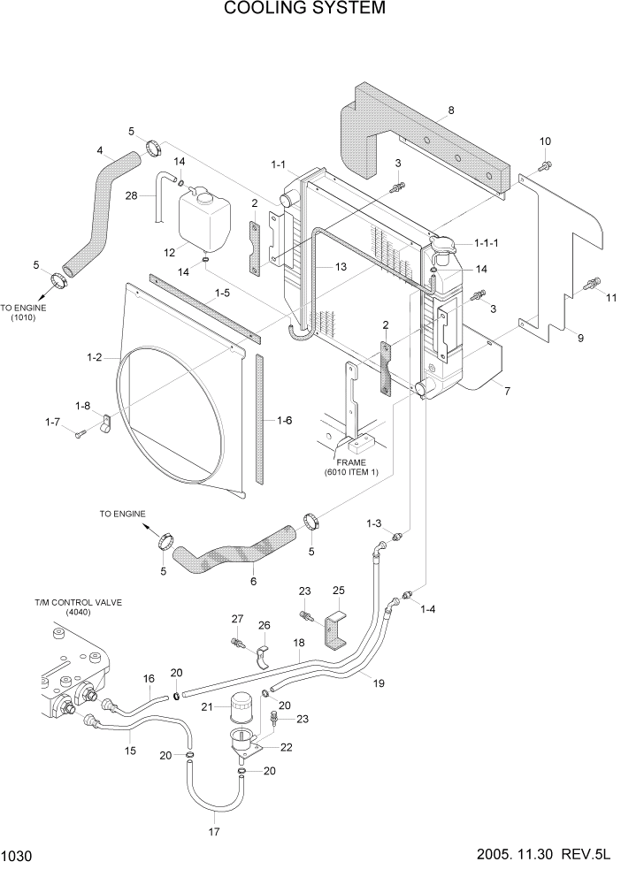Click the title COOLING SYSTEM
[x=304, y=9]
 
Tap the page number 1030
[x=19, y=857]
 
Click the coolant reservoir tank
[x=205, y=220]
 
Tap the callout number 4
[x=100, y=149]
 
